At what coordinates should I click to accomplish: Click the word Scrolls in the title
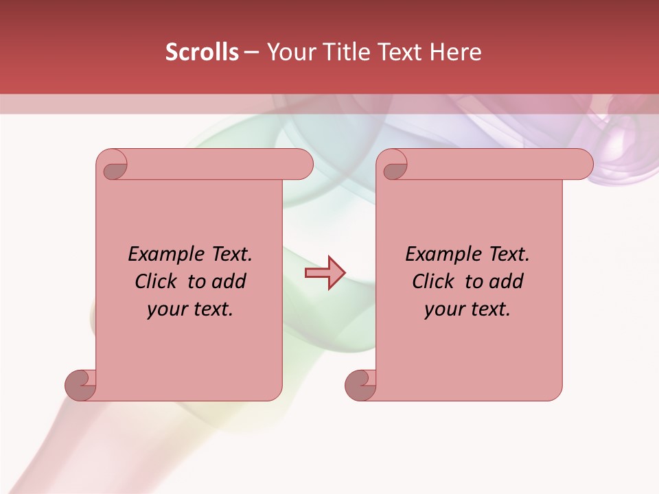203,52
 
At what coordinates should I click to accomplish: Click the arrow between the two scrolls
325,274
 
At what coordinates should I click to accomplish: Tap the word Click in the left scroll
156,281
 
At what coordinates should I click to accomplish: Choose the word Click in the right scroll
433,281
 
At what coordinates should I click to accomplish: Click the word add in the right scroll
507,281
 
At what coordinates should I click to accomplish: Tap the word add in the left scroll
229,281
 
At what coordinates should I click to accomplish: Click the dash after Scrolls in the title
251,52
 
